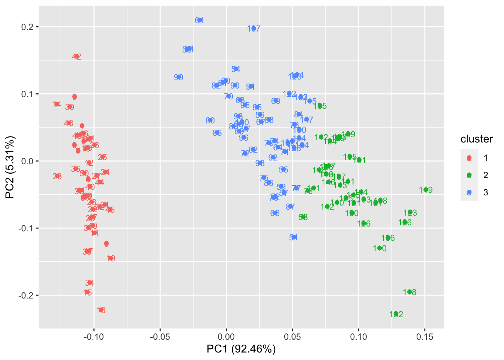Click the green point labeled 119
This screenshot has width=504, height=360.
pyautogui.click(x=426, y=190)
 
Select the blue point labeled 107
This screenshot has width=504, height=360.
pyautogui.click(x=254, y=28)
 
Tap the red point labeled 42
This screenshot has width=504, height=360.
pyautogui.click(x=76, y=57)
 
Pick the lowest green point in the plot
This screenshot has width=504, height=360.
pyautogui.click(x=396, y=314)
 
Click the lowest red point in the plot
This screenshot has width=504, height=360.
pyautogui.click(x=101, y=310)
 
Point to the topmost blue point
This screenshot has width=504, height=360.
pyautogui.click(x=199, y=20)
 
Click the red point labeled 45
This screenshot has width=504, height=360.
pyautogui.click(x=110, y=210)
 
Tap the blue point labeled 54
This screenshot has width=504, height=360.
pyautogui.click(x=235, y=69)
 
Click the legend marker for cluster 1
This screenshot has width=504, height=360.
pyautogui.click(x=469, y=158)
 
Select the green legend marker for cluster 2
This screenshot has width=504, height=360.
pyautogui.click(x=469, y=175)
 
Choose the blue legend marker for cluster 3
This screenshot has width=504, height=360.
pyautogui.click(x=469, y=192)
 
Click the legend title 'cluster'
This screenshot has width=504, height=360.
pyautogui.click(x=477, y=139)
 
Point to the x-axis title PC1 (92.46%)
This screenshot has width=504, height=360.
pyautogui.click(x=241, y=349)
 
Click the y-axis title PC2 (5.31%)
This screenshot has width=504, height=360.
pyautogui.click(x=10, y=167)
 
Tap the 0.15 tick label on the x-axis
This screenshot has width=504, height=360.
pyautogui.click(x=424, y=337)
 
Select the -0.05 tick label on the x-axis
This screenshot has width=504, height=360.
pyautogui.click(x=160, y=337)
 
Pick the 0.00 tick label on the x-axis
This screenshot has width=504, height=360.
pyautogui.click(x=226, y=337)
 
